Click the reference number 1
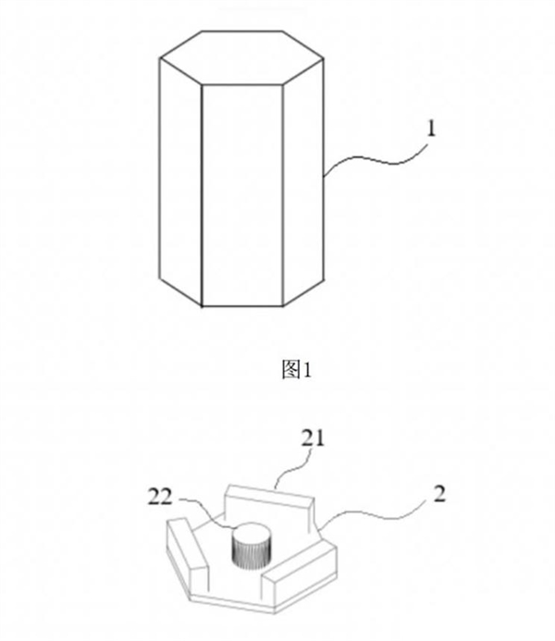tap(431, 129)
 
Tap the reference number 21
tap(313, 438)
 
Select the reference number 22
tap(160, 497)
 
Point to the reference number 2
tap(439, 494)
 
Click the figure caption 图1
tap(297, 370)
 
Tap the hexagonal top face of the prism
tap(241, 58)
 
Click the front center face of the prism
tap(242, 195)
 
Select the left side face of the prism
tap(180, 182)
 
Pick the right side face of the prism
tap(303, 182)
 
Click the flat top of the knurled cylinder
tap(252, 531)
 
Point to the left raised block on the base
tap(188, 546)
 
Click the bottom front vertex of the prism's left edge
tap(202, 306)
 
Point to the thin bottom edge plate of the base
tap(262, 606)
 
